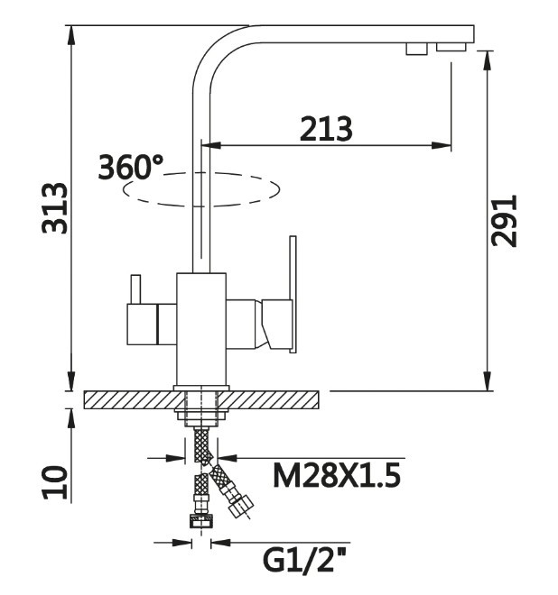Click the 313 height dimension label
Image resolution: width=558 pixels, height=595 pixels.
[55, 208]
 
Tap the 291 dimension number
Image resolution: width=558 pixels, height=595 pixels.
[504, 221]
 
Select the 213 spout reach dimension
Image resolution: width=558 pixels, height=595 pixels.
[326, 128]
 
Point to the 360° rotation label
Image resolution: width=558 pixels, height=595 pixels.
[130, 167]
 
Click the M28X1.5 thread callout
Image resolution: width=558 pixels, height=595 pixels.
[337, 475]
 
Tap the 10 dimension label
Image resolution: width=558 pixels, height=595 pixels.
[55, 482]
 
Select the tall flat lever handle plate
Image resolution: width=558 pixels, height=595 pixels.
[293, 295]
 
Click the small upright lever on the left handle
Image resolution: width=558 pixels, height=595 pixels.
[135, 289]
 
